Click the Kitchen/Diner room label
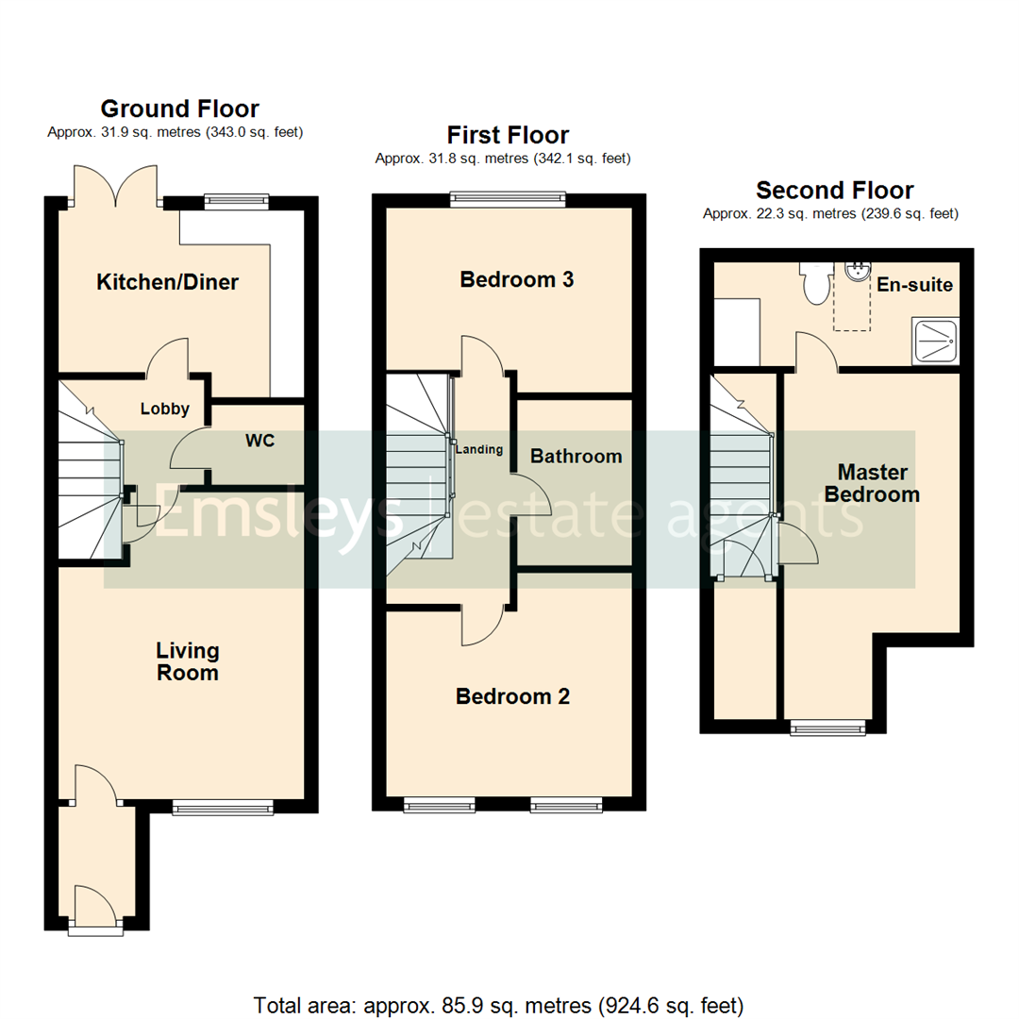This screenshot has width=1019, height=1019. pos(168,282)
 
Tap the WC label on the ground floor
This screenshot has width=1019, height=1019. pos(260,441)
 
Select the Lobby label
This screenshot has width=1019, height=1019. pos(165,409)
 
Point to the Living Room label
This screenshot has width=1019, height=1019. pos(188,661)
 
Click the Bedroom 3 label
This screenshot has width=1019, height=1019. pos(516,280)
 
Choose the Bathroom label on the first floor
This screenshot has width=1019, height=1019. pos(576,457)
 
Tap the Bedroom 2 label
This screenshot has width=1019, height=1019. pos(512,697)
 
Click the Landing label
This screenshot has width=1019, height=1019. pos(479,450)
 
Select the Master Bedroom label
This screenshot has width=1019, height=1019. pos(873,482)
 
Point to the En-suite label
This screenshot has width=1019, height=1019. pos(914,285)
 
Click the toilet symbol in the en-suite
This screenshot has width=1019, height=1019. pos(813,282)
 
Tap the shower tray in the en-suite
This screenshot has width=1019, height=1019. pos(935,342)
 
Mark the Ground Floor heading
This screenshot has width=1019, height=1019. pos(179,109)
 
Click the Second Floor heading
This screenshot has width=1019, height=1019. pos(835,191)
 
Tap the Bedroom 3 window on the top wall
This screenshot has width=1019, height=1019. pos(508,198)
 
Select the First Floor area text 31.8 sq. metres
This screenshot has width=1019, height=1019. pos(503,159)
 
